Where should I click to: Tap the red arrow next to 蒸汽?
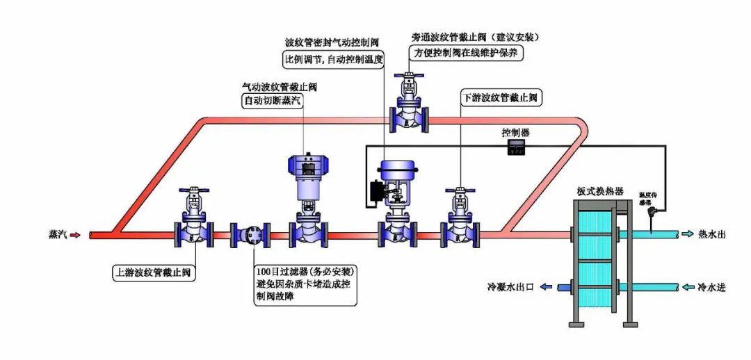tap(76, 235)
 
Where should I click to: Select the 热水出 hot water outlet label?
tap(712, 234)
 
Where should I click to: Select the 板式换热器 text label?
tap(599, 190)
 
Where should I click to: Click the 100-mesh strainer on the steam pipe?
tap(250, 235)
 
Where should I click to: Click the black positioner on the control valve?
tap(378, 192)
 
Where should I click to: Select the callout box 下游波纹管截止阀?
tap(501, 98)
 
